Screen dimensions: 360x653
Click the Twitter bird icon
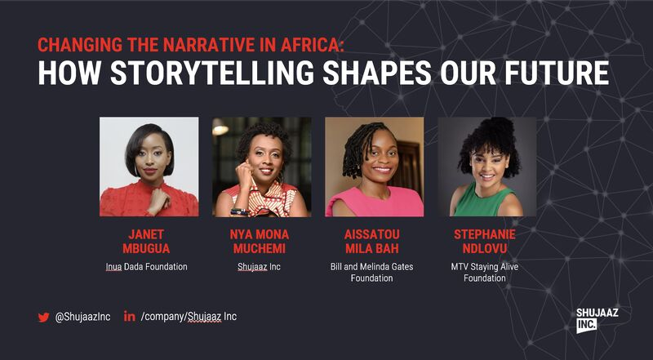point(43,318)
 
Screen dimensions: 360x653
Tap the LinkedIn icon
point(129,317)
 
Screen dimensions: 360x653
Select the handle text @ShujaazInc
point(82,318)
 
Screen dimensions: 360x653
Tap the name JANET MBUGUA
point(148,242)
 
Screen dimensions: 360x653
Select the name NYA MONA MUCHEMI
point(261,242)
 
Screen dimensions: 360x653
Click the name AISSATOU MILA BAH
point(374,242)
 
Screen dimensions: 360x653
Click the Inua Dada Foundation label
point(148,267)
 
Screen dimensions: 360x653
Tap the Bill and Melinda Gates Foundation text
point(374,273)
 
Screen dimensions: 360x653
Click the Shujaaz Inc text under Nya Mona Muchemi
point(261,267)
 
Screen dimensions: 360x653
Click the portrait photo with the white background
point(149,167)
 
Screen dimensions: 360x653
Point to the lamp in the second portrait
point(220,127)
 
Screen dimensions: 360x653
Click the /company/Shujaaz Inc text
point(189,317)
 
